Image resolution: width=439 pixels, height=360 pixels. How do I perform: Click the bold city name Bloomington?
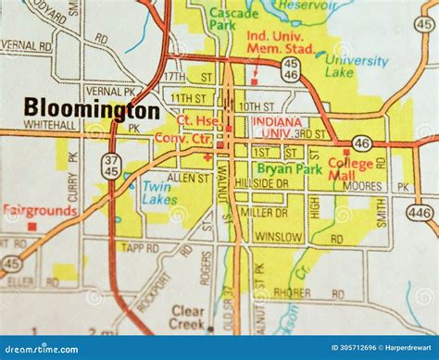pos(92,108)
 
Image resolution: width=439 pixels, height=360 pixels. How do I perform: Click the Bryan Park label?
pos(288,169)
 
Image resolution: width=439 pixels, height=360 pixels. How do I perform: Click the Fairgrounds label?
pos(38,210)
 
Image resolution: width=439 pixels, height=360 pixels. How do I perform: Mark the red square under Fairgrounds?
pos(32,225)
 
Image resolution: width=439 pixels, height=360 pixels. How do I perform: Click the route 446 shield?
pos(420,212)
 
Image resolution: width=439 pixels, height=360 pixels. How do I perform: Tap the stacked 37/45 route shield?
pos(111,167)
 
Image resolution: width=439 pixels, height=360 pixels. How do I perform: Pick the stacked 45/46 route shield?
pos(290,68)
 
